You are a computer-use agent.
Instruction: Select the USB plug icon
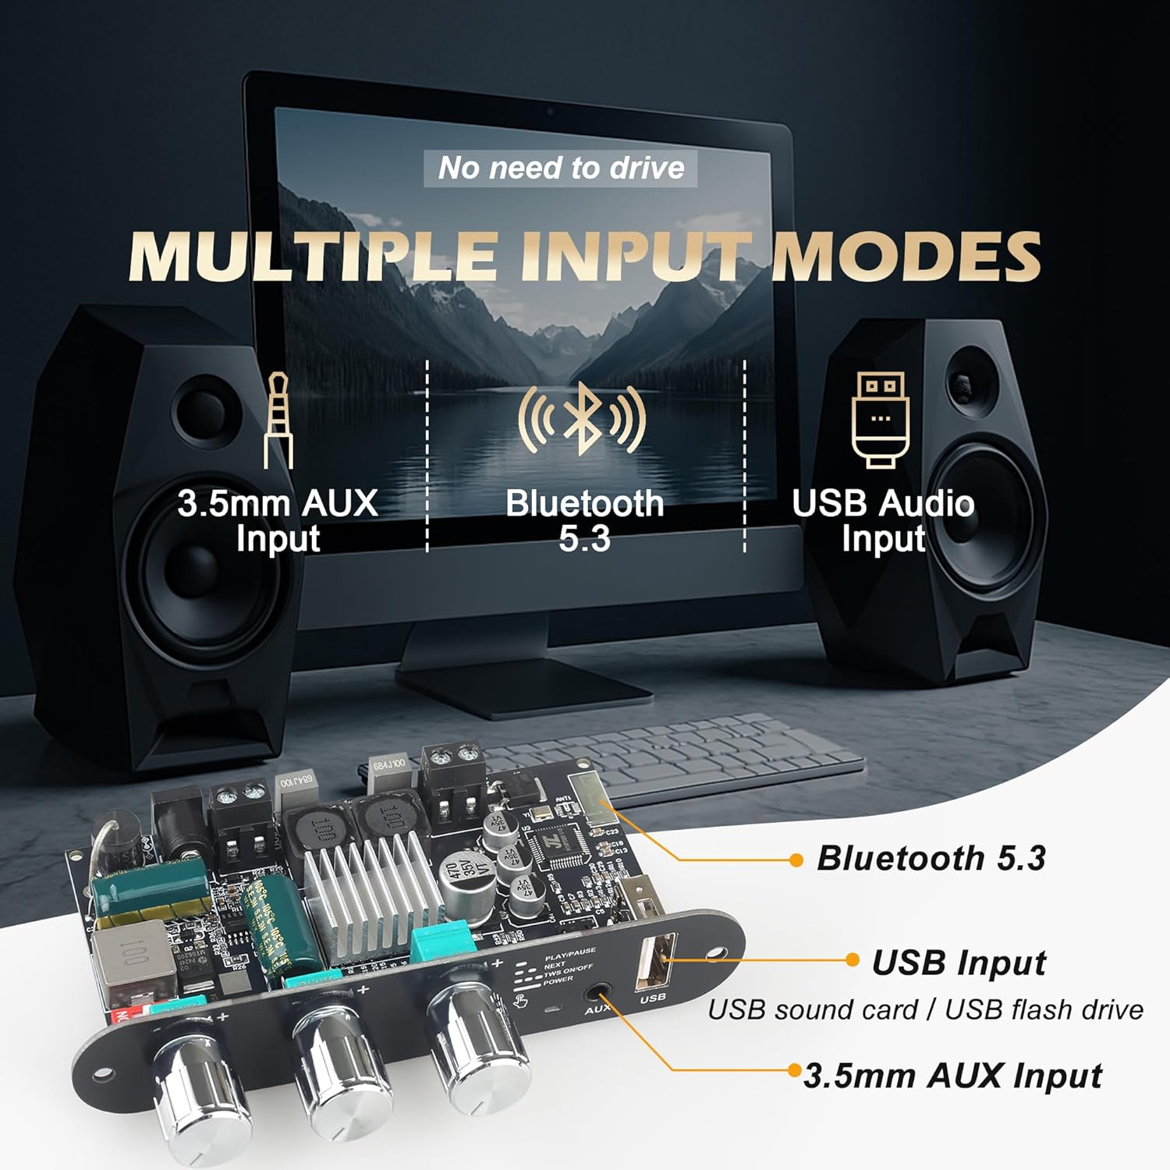(x=881, y=419)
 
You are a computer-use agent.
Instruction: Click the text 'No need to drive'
(x=561, y=168)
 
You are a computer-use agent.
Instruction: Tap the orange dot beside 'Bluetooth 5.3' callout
(x=796, y=860)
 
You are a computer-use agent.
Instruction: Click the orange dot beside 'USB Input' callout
(x=853, y=960)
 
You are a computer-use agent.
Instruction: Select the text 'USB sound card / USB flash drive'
(x=925, y=1009)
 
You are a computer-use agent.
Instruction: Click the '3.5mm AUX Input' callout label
(x=952, y=1076)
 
